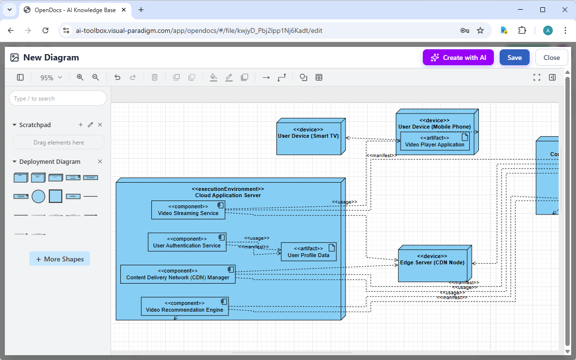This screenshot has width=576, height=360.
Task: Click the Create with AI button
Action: (x=458, y=58)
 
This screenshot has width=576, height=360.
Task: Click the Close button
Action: (x=551, y=58)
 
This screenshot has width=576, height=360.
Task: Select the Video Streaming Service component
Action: (x=188, y=210)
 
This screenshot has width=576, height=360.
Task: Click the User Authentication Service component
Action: (x=187, y=242)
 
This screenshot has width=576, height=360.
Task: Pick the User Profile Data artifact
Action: (x=308, y=252)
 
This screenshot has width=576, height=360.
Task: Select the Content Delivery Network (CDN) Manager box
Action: (x=177, y=274)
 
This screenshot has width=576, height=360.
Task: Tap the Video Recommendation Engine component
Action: (x=184, y=306)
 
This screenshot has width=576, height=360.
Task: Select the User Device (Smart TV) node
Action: (x=308, y=136)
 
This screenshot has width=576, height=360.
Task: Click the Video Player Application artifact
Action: (x=434, y=141)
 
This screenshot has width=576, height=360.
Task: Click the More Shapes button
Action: (x=59, y=259)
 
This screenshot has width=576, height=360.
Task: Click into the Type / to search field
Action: (x=58, y=99)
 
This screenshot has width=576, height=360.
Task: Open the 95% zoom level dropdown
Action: (x=51, y=77)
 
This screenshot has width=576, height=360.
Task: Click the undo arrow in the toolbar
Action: (x=117, y=77)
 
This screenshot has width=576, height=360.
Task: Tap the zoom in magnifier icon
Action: (x=80, y=77)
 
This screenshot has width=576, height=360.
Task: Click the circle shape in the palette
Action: (x=38, y=196)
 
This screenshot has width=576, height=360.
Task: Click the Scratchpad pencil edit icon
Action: (x=90, y=125)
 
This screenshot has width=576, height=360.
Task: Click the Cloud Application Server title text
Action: (x=228, y=195)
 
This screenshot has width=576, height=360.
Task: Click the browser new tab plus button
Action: (x=141, y=10)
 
